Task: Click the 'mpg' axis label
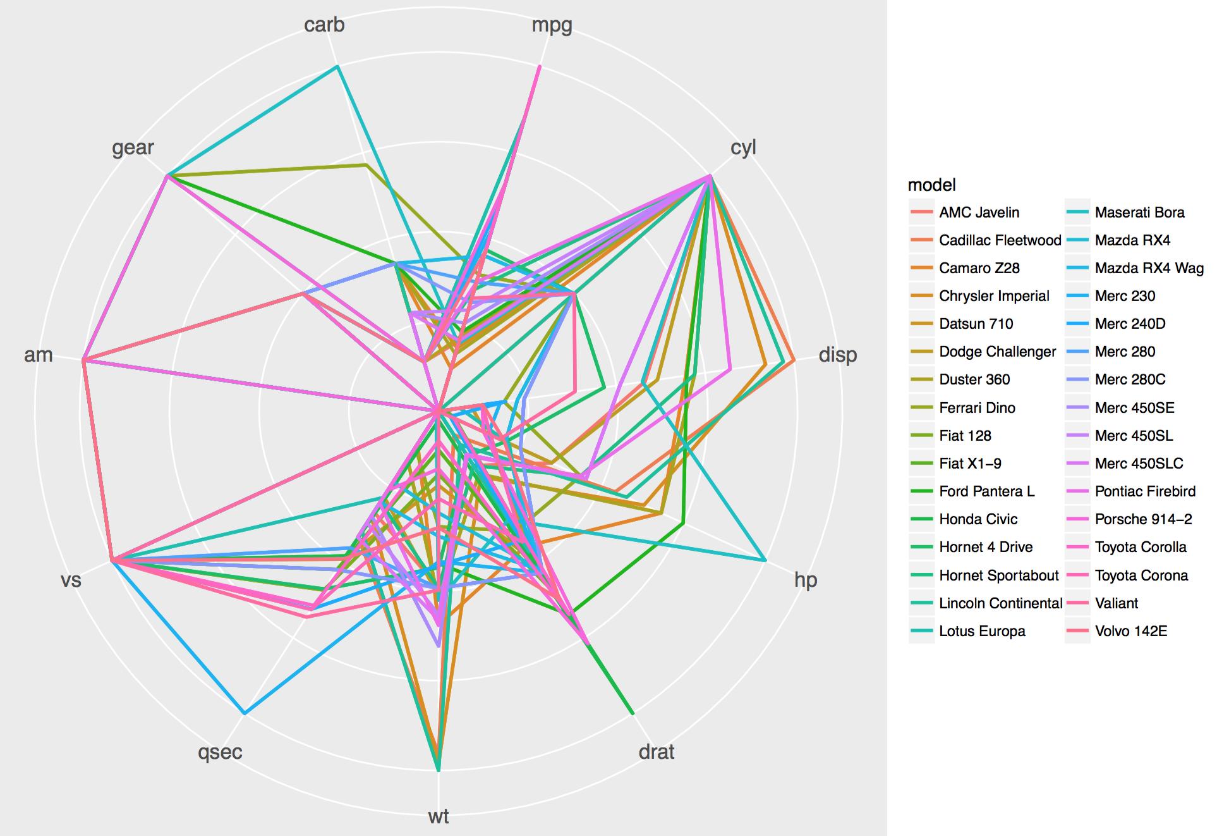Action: [552, 26]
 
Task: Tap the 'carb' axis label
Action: [324, 25]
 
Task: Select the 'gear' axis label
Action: [133, 147]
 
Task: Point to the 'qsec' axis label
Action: [220, 752]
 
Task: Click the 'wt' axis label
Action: [439, 816]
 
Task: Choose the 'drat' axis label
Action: [657, 752]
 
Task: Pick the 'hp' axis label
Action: [806, 580]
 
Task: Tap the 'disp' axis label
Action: [838, 355]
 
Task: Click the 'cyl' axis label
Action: [743, 147]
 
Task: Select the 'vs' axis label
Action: [71, 580]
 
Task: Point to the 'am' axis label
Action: [39, 355]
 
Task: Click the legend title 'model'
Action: [931, 185]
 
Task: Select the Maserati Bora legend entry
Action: [1139, 212]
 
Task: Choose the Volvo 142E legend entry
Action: [1130, 631]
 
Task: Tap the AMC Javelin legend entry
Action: [979, 212]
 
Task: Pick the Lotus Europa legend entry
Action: [982, 631]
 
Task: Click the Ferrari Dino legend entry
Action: [977, 408]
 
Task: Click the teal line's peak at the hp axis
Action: [765, 560]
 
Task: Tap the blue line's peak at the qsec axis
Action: [245, 713]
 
